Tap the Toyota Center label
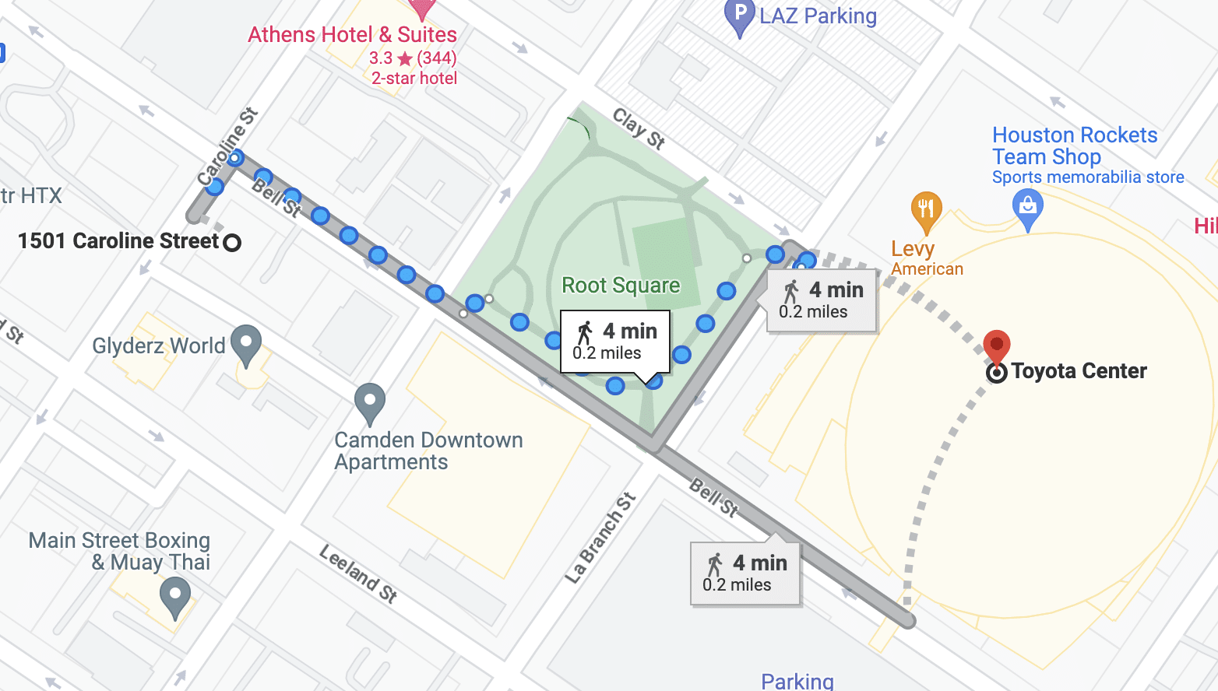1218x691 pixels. point(1079,371)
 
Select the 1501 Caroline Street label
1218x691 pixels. point(118,241)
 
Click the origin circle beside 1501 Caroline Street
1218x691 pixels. point(232,242)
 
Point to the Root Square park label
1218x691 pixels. point(621,286)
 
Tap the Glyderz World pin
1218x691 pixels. point(246,344)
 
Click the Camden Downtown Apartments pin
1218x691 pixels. point(370,403)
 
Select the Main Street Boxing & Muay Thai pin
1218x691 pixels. point(175,596)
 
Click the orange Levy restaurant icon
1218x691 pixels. point(926,210)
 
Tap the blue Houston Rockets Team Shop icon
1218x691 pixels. point(1027,208)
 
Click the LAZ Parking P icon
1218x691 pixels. point(739,16)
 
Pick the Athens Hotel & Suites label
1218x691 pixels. point(352,35)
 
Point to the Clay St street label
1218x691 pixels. point(639,128)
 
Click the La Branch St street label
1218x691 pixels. point(600,538)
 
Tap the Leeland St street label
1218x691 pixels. point(358,573)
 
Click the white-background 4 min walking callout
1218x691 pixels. point(615,341)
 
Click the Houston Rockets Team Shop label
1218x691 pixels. point(1074,146)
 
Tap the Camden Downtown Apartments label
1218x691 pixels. point(428,451)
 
